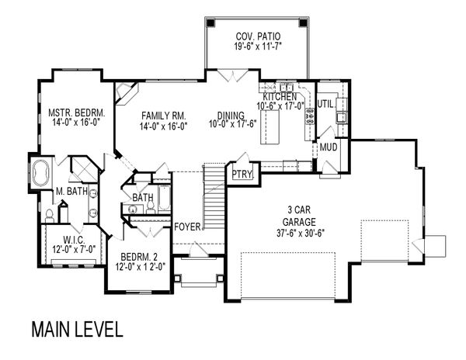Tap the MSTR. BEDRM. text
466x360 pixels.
click(76, 112)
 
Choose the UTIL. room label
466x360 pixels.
click(325, 102)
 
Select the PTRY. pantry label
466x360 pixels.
click(242, 175)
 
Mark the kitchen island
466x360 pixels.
click(273, 128)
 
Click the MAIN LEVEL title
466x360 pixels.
click(77, 328)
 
